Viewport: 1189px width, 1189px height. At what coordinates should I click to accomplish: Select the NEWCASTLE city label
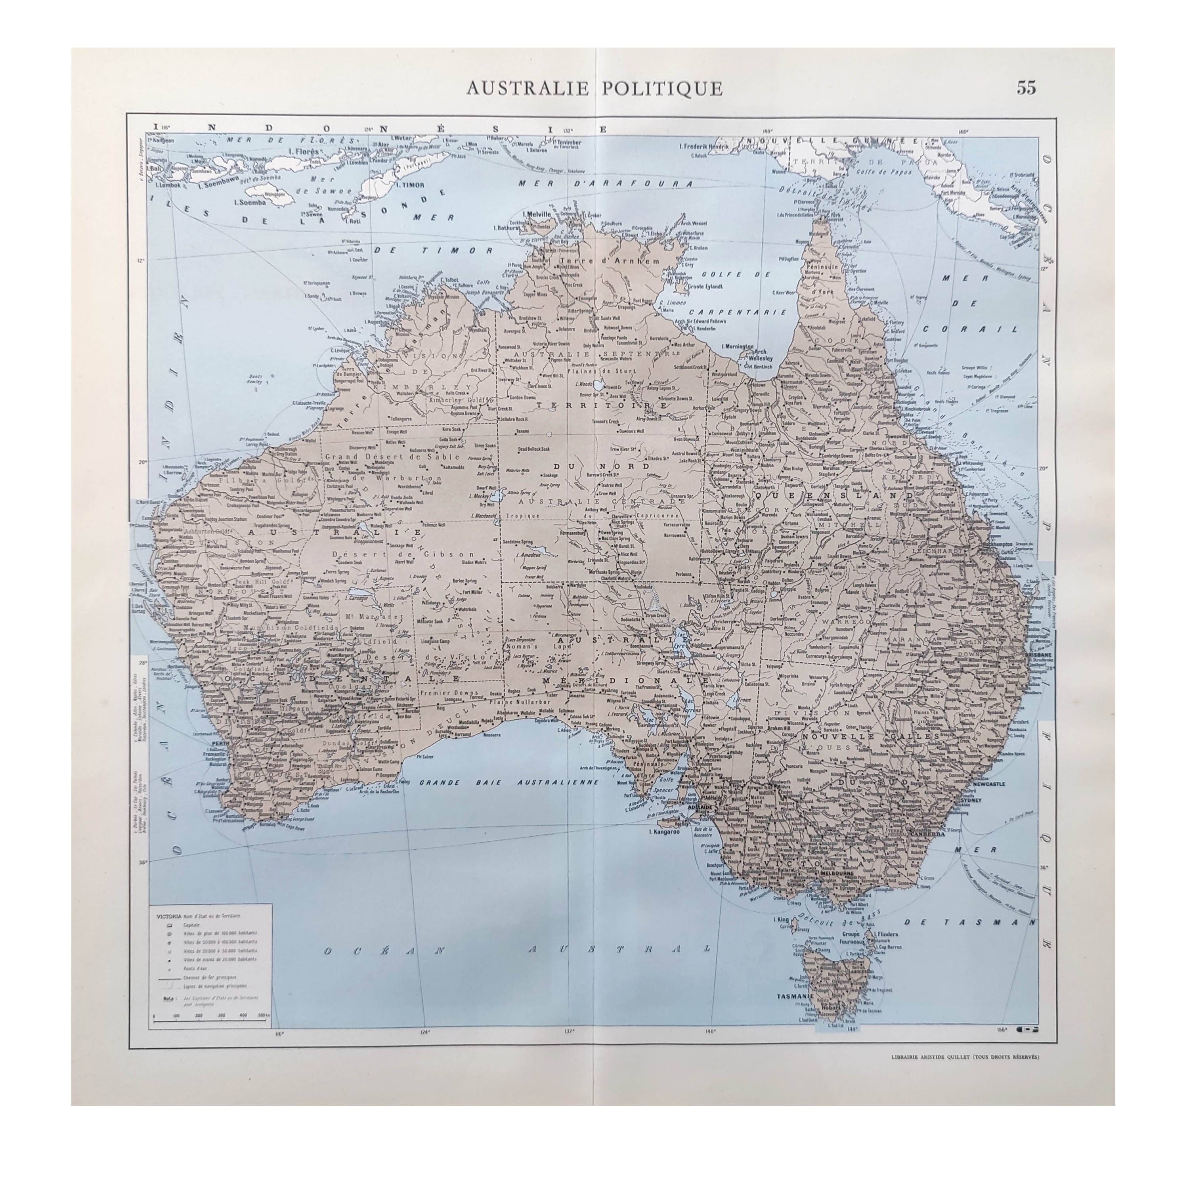coord(988,785)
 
